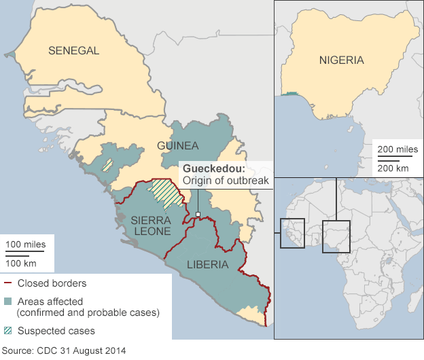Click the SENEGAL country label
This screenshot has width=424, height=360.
(x=73, y=50)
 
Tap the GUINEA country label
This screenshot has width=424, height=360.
(x=177, y=145)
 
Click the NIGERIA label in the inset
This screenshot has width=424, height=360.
(x=341, y=60)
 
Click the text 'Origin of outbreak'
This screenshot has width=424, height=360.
(x=224, y=181)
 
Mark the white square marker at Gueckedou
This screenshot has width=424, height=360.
(x=198, y=215)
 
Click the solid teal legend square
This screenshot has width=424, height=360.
(x=9, y=301)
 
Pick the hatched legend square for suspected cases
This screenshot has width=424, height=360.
(x=9, y=331)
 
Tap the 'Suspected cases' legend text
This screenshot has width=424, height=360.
(x=56, y=331)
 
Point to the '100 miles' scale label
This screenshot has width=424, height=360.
(x=25, y=244)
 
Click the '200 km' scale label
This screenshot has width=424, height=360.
(x=393, y=168)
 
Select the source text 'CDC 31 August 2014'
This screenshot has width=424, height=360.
(x=63, y=351)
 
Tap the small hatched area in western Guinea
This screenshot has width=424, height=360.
(x=107, y=164)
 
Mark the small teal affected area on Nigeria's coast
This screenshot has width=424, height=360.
(x=291, y=94)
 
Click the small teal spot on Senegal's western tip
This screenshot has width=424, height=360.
(x=10, y=54)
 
